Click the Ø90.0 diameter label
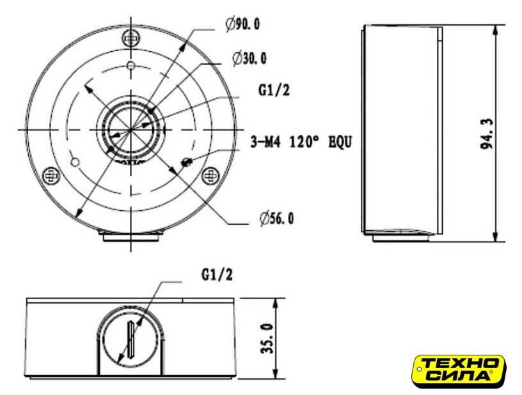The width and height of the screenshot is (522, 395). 242,24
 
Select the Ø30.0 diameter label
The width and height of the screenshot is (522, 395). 249,59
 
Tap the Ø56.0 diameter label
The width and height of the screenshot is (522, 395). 277,219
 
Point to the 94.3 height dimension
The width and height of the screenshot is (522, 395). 486,134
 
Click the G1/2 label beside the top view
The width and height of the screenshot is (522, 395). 274,89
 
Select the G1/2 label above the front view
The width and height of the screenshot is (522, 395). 217,275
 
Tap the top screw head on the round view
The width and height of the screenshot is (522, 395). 131,39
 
